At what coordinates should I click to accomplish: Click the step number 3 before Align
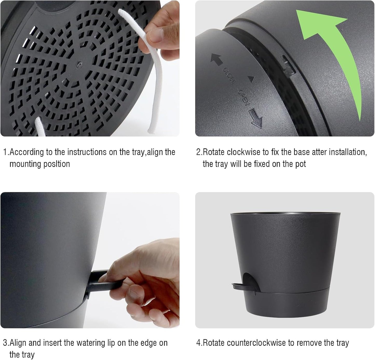point(5,343)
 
